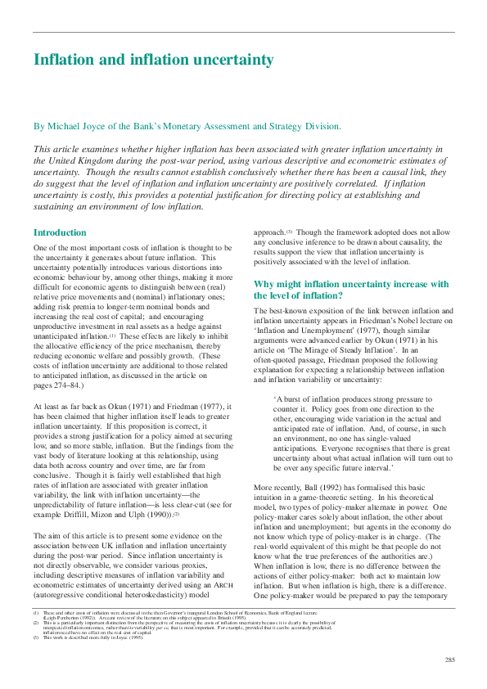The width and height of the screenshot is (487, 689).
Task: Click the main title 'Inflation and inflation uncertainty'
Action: click(153, 61)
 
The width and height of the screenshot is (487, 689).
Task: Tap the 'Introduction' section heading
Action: click(60, 232)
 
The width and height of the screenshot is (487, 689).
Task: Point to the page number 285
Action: click(450, 660)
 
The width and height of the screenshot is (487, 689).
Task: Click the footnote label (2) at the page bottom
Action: click(36, 624)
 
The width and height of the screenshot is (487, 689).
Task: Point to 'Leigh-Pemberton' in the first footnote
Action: click(60, 619)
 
